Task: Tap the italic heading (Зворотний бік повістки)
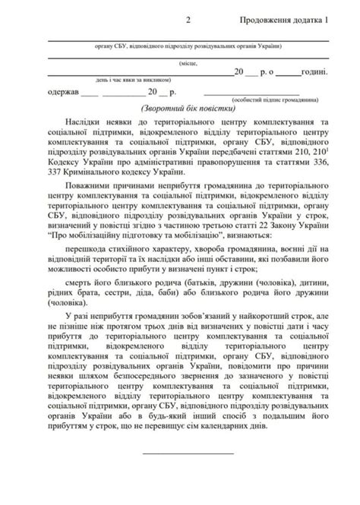tap(178, 109)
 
